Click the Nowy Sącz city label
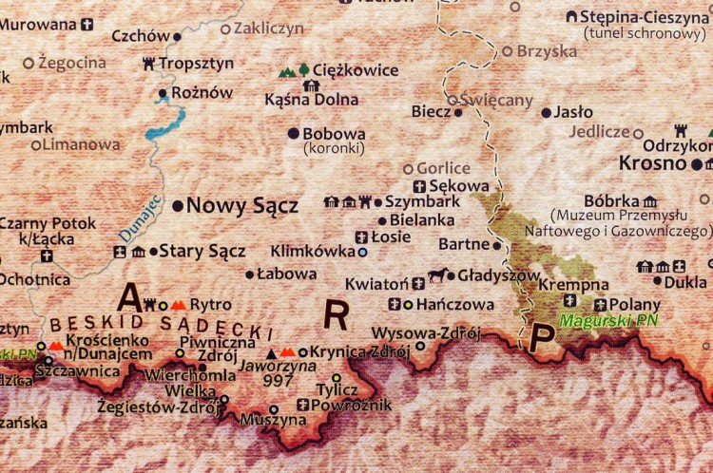click(x=241, y=205)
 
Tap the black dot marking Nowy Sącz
click(x=178, y=205)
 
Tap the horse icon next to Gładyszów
click(x=437, y=276)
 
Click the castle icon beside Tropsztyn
click(x=148, y=64)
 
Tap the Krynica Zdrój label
click(x=366, y=352)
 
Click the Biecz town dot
click(x=458, y=112)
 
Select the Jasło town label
click(x=573, y=112)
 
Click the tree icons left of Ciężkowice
click(x=293, y=70)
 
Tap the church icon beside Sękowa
click(x=419, y=186)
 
